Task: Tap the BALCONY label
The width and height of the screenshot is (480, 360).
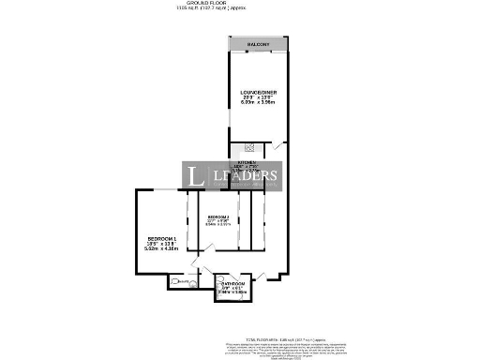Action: pos(258,45)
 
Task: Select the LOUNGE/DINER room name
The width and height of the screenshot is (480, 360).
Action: pos(258,91)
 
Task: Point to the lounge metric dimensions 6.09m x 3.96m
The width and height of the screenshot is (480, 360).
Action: pos(258,102)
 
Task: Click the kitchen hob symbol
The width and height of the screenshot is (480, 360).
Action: pos(249,146)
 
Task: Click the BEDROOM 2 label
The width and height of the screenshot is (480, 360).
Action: pos(218,218)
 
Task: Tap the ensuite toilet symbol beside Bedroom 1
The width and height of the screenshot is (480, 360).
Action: pos(185,281)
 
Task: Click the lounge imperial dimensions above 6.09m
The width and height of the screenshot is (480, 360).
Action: pos(258,97)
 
